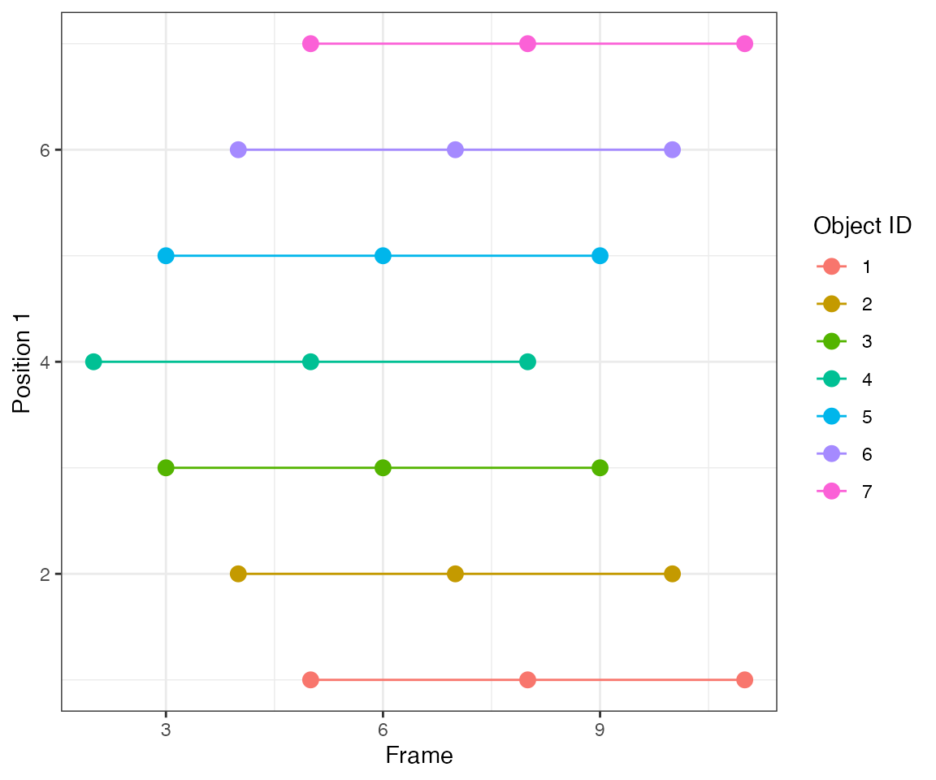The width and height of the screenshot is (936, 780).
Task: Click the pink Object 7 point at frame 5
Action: point(310,44)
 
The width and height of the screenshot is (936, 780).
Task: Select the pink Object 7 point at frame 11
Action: point(744,44)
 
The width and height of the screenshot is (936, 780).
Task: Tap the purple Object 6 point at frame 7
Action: point(455,149)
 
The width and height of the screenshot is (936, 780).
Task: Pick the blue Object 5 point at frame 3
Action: point(166,256)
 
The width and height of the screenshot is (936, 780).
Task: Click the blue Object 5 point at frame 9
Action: point(600,256)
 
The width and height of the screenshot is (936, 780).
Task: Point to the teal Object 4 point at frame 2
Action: point(93,362)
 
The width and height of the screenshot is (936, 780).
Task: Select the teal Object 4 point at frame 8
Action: point(527,362)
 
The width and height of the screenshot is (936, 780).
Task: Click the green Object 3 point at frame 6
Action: point(383,468)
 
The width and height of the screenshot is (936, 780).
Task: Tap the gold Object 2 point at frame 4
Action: point(238,574)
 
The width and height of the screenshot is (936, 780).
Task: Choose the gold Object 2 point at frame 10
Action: point(672,574)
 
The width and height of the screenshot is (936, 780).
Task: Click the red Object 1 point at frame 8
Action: point(527,679)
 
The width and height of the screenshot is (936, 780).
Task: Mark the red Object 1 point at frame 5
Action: point(310,679)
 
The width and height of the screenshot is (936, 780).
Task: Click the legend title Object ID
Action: point(862,227)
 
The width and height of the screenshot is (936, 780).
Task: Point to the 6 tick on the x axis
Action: point(383,730)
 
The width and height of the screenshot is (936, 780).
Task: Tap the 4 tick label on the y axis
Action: point(45,362)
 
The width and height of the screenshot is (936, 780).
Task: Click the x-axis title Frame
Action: point(418,756)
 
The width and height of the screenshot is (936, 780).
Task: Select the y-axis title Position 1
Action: point(22,362)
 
